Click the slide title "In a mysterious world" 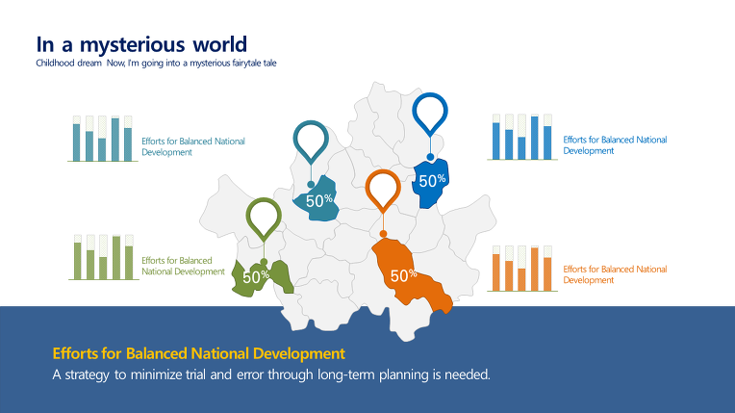[x=141, y=45]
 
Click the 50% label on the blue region [x=432, y=181]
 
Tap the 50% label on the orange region [x=404, y=275]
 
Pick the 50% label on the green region [x=256, y=277]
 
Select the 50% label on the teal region [x=319, y=200]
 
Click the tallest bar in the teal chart [x=114, y=140]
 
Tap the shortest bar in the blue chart [x=521, y=148]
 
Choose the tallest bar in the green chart [x=116, y=258]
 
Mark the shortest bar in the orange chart [x=521, y=279]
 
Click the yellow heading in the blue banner [x=199, y=353]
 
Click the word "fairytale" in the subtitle [x=246, y=63]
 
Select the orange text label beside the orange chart [x=615, y=274]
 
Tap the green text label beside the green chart [x=184, y=266]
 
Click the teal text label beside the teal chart [x=193, y=146]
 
